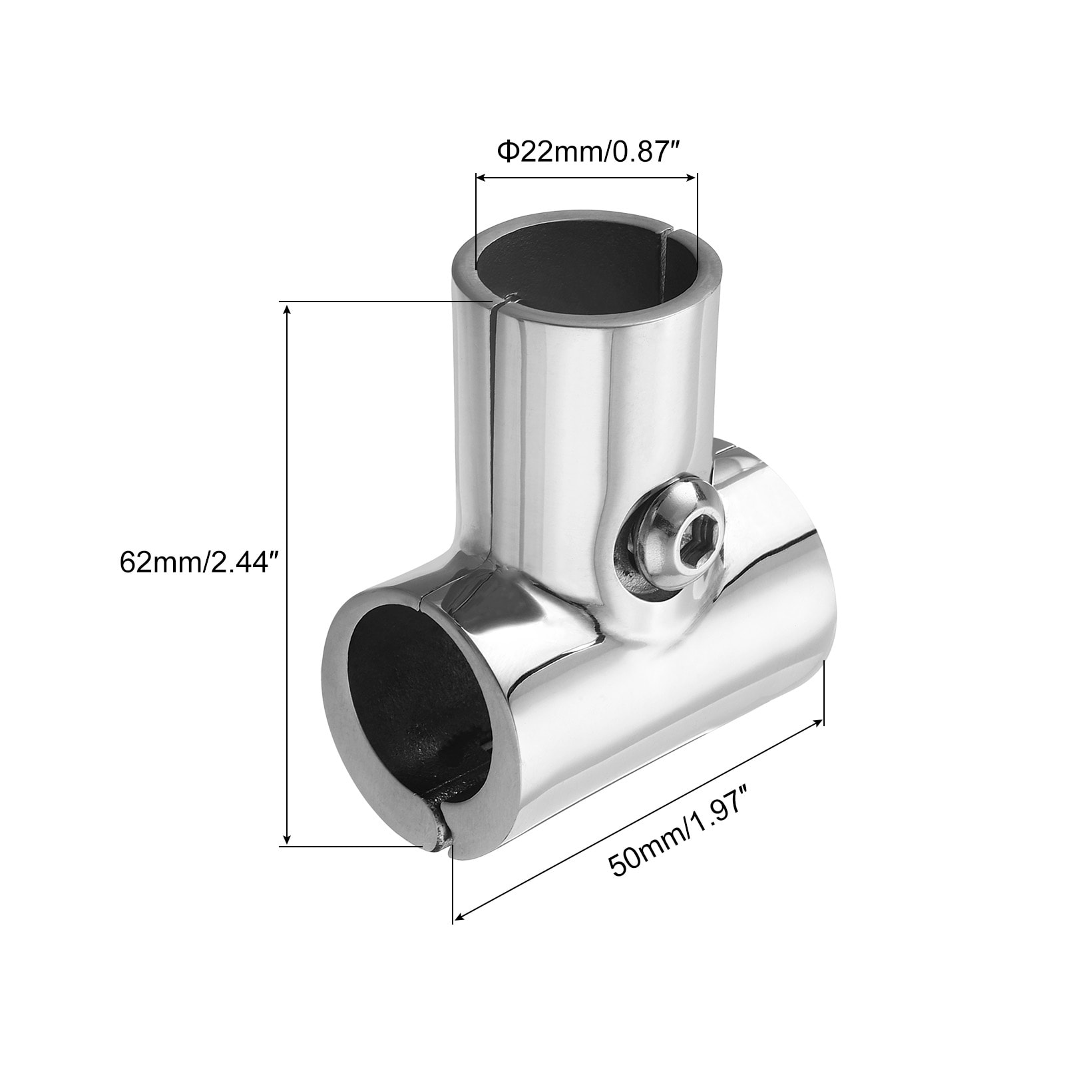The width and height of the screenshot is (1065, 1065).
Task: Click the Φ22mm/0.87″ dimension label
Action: (x=583, y=152)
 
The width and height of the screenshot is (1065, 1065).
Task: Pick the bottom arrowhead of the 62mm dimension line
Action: (x=287, y=838)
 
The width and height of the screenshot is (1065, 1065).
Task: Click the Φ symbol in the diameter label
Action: (x=509, y=153)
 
